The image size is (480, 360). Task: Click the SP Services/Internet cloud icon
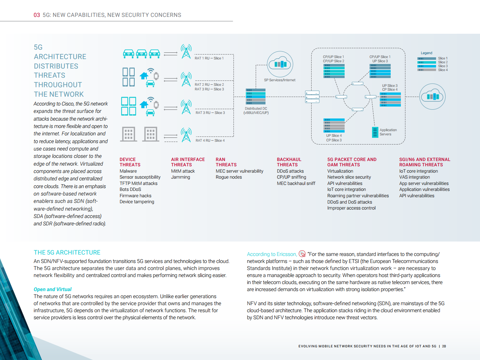(280, 64)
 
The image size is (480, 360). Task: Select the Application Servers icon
(375, 132)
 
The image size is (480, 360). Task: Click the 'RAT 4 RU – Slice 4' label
(210, 140)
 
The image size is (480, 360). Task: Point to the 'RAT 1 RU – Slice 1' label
(209, 58)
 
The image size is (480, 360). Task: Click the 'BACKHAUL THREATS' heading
(289, 162)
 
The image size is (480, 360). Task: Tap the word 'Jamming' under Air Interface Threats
(180, 177)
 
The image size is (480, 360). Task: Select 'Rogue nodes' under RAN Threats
(229, 177)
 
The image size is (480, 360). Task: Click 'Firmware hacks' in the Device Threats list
(135, 196)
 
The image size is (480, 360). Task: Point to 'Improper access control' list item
(351, 208)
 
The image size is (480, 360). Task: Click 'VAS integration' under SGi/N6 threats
(414, 177)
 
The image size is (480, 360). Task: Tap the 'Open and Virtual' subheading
(52, 289)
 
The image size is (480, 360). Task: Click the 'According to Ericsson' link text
(271, 254)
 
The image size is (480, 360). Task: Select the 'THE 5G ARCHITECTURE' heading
(67, 252)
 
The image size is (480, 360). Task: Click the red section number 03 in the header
(37, 15)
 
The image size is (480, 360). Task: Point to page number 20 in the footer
(444, 346)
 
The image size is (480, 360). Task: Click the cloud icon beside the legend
(432, 96)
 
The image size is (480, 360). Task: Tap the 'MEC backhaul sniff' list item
(296, 184)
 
